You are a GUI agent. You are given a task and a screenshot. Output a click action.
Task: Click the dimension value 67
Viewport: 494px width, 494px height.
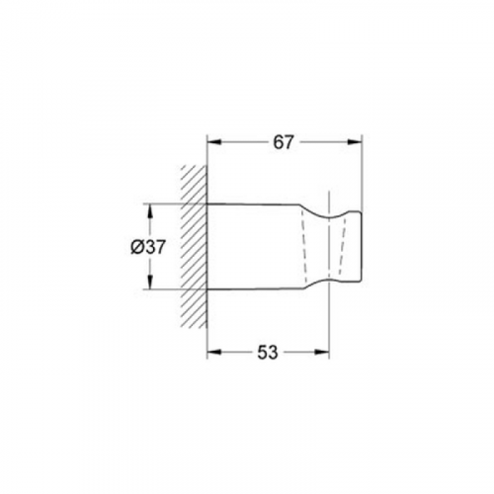click(283, 142)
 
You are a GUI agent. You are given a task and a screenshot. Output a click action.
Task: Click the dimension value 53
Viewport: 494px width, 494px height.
click(268, 353)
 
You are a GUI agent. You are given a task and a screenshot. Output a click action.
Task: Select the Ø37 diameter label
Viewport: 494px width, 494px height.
click(147, 247)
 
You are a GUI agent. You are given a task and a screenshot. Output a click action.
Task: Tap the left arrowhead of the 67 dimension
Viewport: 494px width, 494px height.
click(213, 142)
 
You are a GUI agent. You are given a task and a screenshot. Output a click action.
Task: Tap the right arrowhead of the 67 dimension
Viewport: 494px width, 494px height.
click(356, 142)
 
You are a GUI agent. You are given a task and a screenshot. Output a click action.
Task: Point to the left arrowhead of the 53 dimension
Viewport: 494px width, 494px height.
click(213, 353)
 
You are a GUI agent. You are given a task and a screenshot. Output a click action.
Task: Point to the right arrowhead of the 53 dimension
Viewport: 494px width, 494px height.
click(322, 353)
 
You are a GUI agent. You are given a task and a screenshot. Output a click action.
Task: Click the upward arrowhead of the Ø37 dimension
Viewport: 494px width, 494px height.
click(150, 211)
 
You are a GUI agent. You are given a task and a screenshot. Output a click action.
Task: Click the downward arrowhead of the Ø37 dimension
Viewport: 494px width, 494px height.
click(150, 283)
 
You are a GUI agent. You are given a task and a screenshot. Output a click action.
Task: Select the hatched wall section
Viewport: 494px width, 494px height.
click(194, 247)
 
